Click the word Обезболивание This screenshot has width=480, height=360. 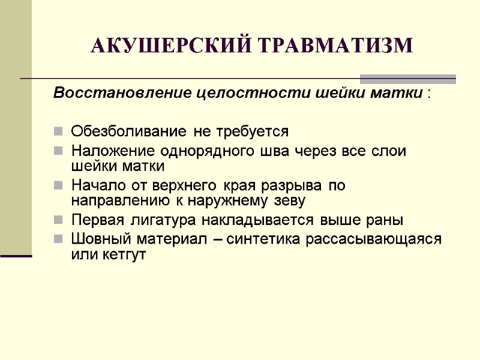pyautogui.click(x=124, y=131)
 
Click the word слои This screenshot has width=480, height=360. pyautogui.click(x=388, y=150)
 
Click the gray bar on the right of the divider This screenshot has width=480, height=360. pyautogui.click(x=408, y=79)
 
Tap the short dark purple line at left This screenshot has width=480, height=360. pyautogui.click(x=16, y=256)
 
